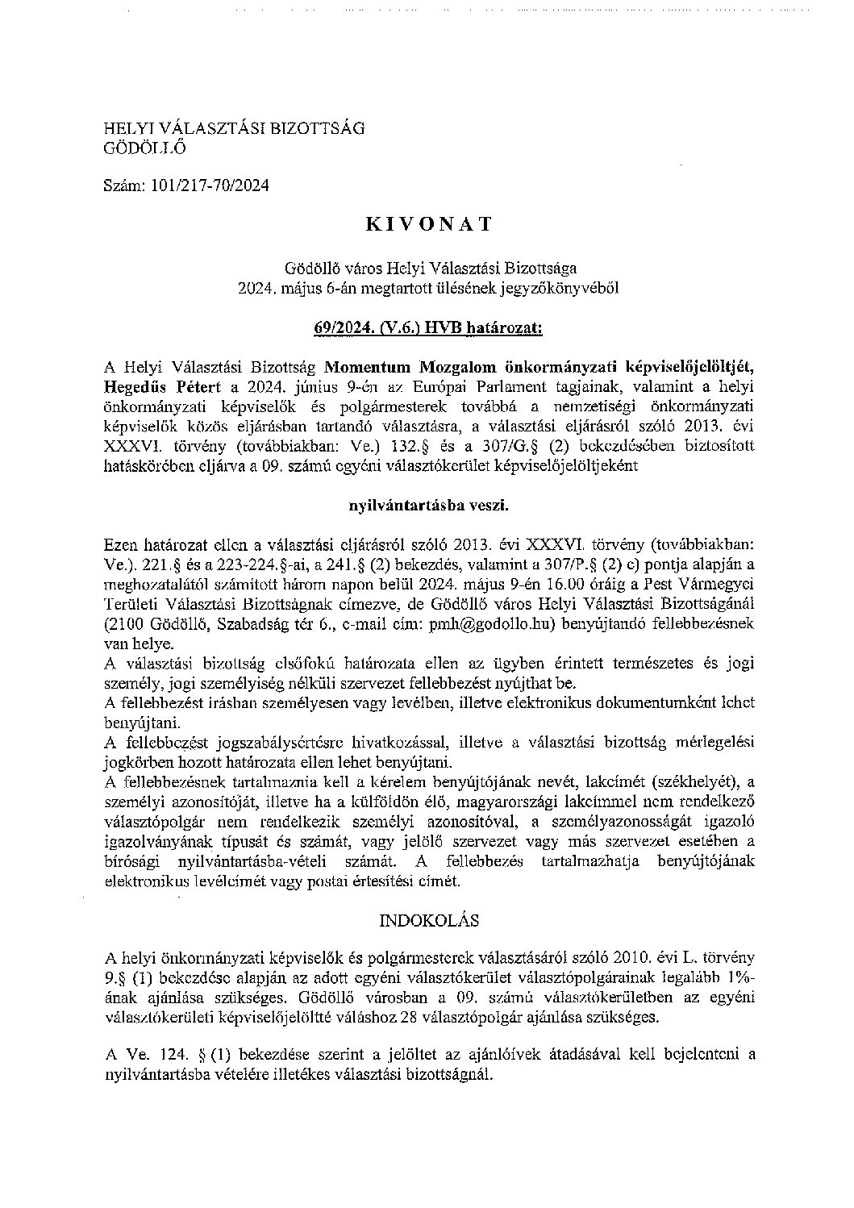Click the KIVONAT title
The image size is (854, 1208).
click(x=428, y=225)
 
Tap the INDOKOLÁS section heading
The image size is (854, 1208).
click(x=427, y=919)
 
